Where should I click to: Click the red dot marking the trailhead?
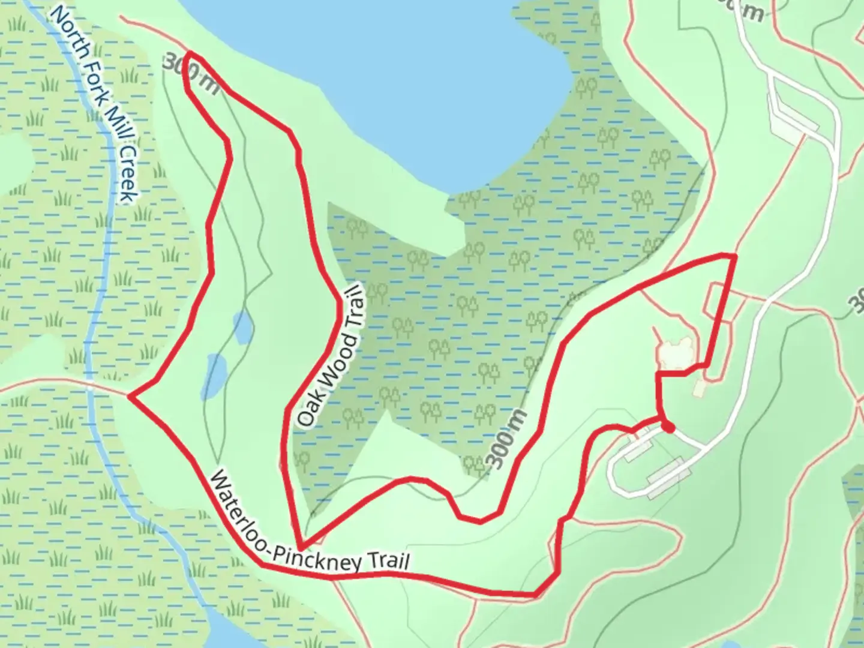[x=668, y=427]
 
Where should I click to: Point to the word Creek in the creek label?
[x=127, y=175]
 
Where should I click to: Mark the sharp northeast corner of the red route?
[x=734, y=256]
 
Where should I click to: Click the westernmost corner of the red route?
[x=130, y=395]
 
